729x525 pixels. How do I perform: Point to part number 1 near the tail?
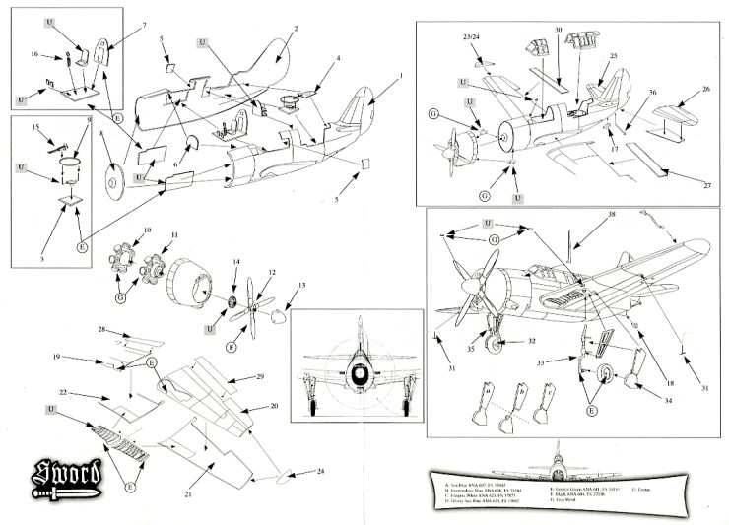point(401,76)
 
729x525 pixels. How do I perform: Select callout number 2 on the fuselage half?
point(295,30)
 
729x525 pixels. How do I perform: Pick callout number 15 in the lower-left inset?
point(37,127)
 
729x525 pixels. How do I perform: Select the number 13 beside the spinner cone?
point(301,286)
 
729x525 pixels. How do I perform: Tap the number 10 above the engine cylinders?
point(147,230)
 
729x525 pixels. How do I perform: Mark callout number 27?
point(705,182)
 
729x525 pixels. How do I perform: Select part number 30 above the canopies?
point(559,32)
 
